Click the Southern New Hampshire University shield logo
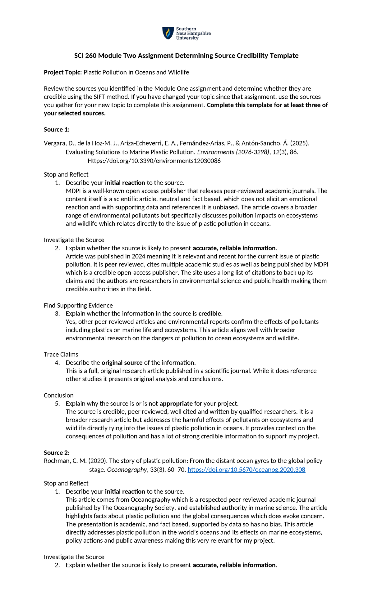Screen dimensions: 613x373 (168, 33)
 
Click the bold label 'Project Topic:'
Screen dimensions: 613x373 (63, 72)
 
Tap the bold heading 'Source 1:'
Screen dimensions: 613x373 (57, 129)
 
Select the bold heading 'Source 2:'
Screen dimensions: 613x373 (57, 453)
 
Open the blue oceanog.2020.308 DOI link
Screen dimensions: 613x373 (246, 470)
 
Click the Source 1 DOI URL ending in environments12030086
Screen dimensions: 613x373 (154, 161)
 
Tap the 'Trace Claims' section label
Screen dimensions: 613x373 (61, 354)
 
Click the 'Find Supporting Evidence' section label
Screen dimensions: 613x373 (78, 305)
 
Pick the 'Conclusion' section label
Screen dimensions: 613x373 (59, 395)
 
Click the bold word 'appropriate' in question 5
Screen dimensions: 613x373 (176, 403)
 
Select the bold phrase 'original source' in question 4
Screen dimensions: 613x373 (122, 362)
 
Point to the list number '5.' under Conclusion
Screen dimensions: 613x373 (57, 403)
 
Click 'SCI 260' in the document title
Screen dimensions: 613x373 (85, 56)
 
